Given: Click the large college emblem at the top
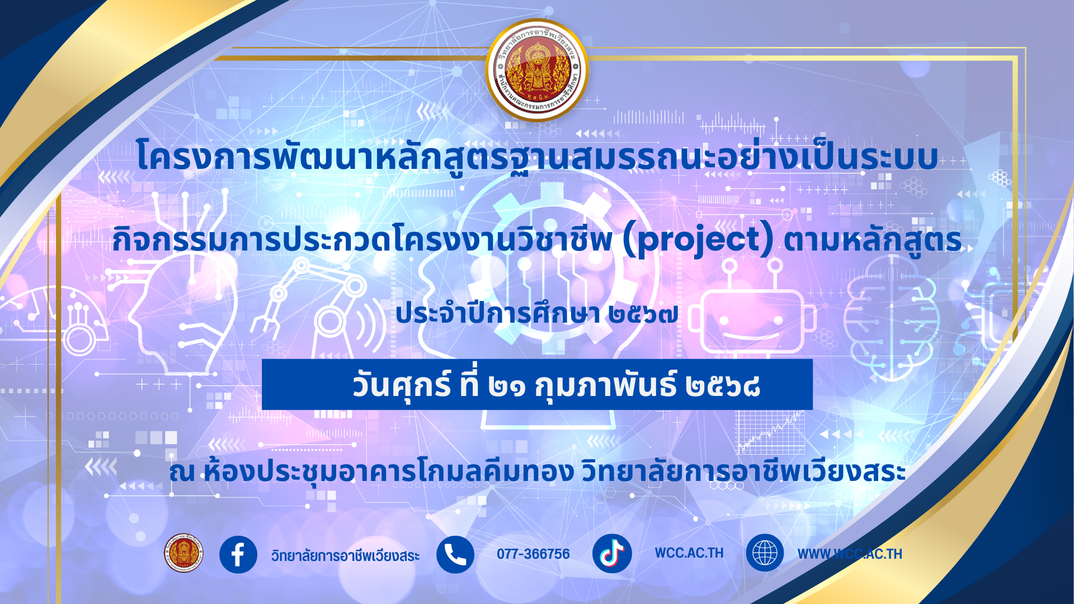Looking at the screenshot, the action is click(x=537, y=70).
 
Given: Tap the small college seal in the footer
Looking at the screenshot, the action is click(x=183, y=553).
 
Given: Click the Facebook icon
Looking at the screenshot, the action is click(x=238, y=554).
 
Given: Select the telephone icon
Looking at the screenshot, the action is click(x=455, y=554).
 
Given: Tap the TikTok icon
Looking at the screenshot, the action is click(x=612, y=554).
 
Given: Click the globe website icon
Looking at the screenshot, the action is click(x=765, y=553).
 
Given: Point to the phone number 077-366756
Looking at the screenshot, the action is click(x=533, y=554).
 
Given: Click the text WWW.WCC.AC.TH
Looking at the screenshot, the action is click(x=850, y=554).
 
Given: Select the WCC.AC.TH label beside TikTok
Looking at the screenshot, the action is click(x=689, y=553).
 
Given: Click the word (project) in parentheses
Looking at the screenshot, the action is click(x=699, y=240).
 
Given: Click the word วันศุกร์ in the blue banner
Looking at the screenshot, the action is click(x=402, y=385).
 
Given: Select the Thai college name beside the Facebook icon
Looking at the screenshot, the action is click(x=345, y=555).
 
